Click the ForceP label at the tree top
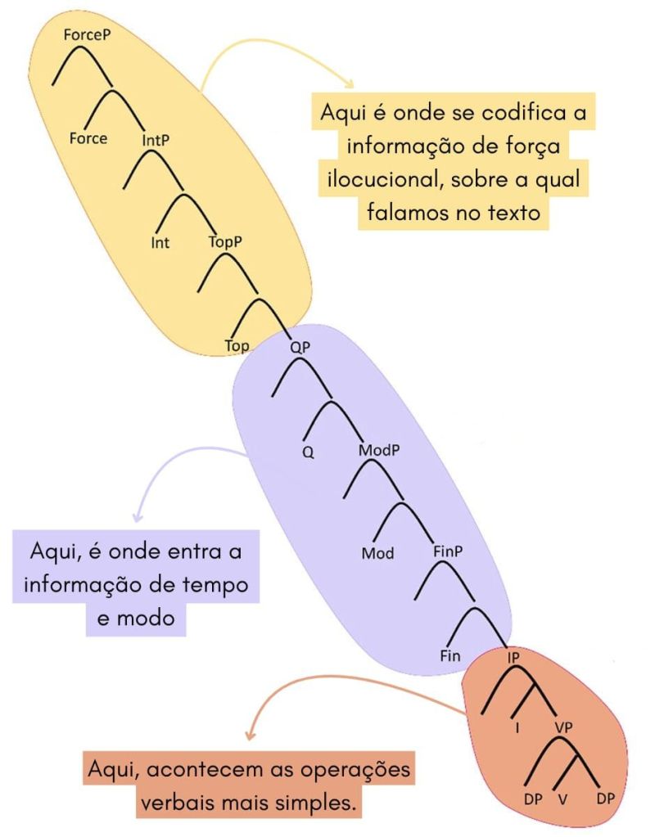coord(87,34)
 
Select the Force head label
coord(88,139)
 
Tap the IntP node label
coord(156,141)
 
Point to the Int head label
coord(160,243)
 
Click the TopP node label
coord(225,242)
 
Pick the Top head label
coord(237,346)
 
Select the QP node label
coord(300,348)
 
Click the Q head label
coord(308,452)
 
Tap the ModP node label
coord(379,450)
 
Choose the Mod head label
coord(377,553)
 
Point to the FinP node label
coord(448,551)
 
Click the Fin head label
coord(450,655)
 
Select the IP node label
coord(513,658)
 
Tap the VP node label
coord(563,727)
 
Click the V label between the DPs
coord(562,799)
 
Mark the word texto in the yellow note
coord(513,213)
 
